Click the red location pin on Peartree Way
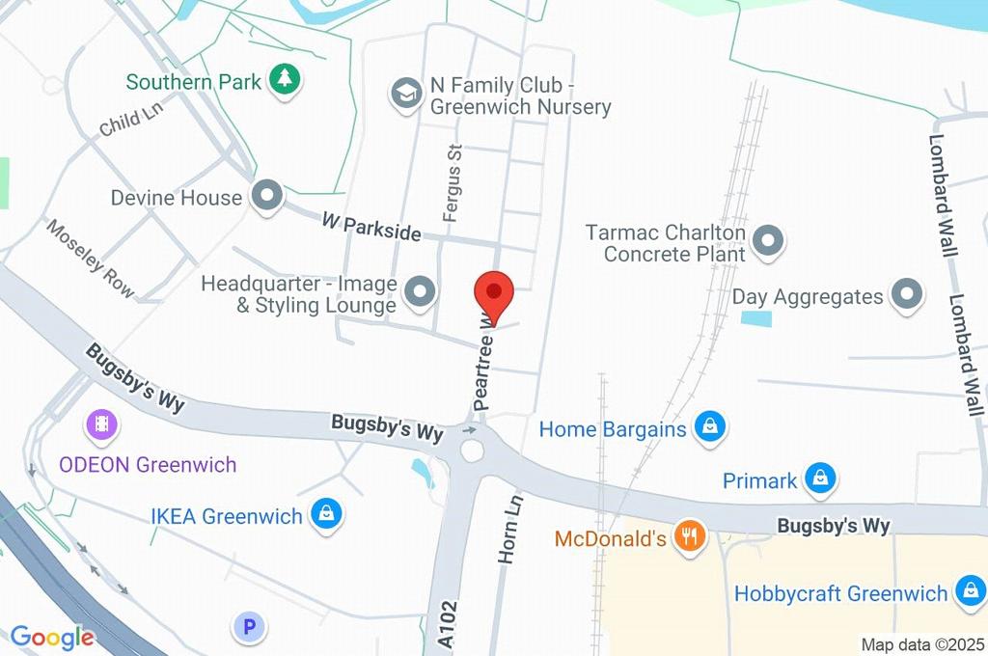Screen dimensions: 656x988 [x=494, y=292]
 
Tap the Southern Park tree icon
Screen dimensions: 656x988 [x=284, y=80]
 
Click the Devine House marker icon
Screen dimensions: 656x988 [x=264, y=197]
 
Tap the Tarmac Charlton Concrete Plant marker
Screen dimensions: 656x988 [x=768, y=243]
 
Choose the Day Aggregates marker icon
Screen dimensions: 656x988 [x=907, y=296]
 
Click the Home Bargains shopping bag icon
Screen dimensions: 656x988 [x=710, y=427]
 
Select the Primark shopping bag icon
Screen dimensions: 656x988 [x=820, y=478]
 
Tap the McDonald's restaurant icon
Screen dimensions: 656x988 [x=688, y=537]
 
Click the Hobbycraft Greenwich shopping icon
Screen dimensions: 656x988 [x=969, y=592]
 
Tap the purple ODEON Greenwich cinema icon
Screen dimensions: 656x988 [x=101, y=424]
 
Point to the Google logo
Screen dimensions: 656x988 [x=52, y=637]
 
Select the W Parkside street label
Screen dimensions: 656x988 [x=371, y=228]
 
